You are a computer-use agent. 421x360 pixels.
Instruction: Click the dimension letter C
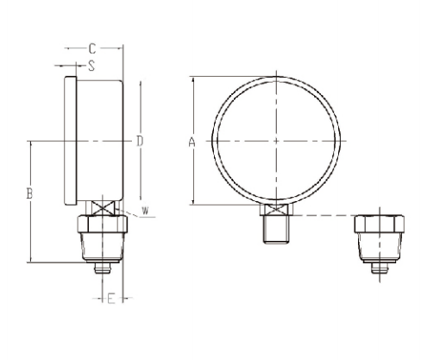pyautogui.click(x=92, y=49)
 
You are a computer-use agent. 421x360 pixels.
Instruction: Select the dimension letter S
pyautogui.click(x=91, y=65)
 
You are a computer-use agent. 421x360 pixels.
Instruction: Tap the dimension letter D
pyautogui.click(x=138, y=141)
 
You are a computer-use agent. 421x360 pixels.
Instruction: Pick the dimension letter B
pyautogui.click(x=29, y=195)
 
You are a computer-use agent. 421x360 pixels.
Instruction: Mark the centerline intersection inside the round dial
pyautogui.click(x=274, y=140)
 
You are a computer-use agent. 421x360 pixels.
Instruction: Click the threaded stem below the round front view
pyautogui.click(x=274, y=229)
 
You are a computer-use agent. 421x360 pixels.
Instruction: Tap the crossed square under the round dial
pyautogui.click(x=274, y=209)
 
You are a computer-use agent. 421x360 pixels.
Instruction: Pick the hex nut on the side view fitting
pyautogui.click(x=103, y=225)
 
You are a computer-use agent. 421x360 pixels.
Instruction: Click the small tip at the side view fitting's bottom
pyautogui.click(x=103, y=268)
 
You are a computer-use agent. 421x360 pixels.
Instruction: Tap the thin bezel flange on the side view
pyautogui.click(x=68, y=141)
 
